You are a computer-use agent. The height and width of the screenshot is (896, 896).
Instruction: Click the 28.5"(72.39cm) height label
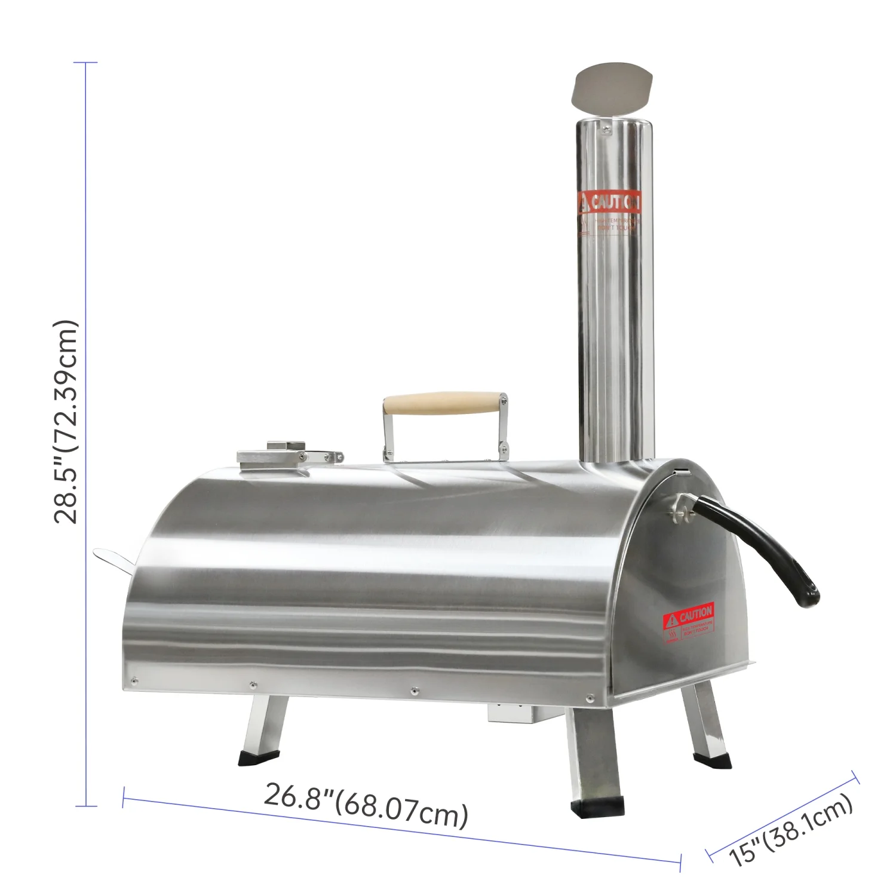pos(66,422)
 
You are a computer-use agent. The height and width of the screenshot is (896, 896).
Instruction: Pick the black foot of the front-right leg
pos(597,808)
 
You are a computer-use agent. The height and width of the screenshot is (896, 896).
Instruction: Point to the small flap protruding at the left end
pos(113,559)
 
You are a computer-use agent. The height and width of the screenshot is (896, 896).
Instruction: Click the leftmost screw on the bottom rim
pos(134,680)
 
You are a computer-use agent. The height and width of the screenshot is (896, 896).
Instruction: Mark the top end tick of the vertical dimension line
pos(86,62)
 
